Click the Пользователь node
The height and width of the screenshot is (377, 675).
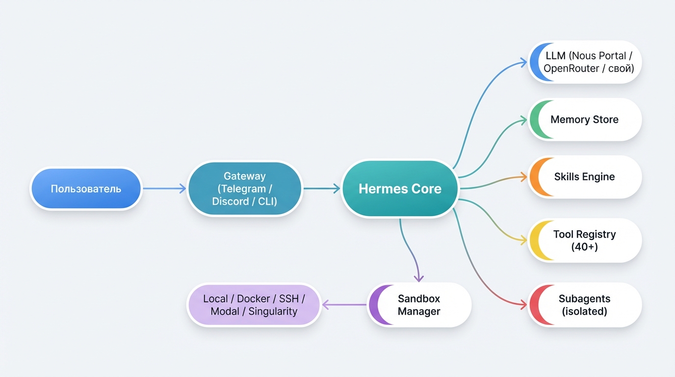pos(86,189)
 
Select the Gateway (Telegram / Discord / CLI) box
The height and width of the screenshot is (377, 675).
pos(245,189)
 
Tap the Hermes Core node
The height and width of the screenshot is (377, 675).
pos(400,189)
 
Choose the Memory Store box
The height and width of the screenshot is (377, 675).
pos(585,120)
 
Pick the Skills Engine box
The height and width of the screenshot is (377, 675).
pos(585,177)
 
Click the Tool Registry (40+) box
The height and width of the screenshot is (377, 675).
pos(585,241)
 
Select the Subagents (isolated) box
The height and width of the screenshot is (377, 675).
pos(585,305)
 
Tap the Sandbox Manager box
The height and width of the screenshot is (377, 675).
pos(419,305)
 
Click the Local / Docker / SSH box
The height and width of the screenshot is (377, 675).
pos(254,305)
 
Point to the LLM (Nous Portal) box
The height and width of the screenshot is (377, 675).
pos(585,62)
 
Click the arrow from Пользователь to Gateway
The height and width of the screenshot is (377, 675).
pos(164,188)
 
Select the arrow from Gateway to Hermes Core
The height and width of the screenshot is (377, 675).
pos(322,188)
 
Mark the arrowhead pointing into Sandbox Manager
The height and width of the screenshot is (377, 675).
pos(418,278)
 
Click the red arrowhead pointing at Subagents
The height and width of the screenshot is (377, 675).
pos(523,305)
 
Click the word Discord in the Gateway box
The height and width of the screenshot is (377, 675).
pos(230,201)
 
